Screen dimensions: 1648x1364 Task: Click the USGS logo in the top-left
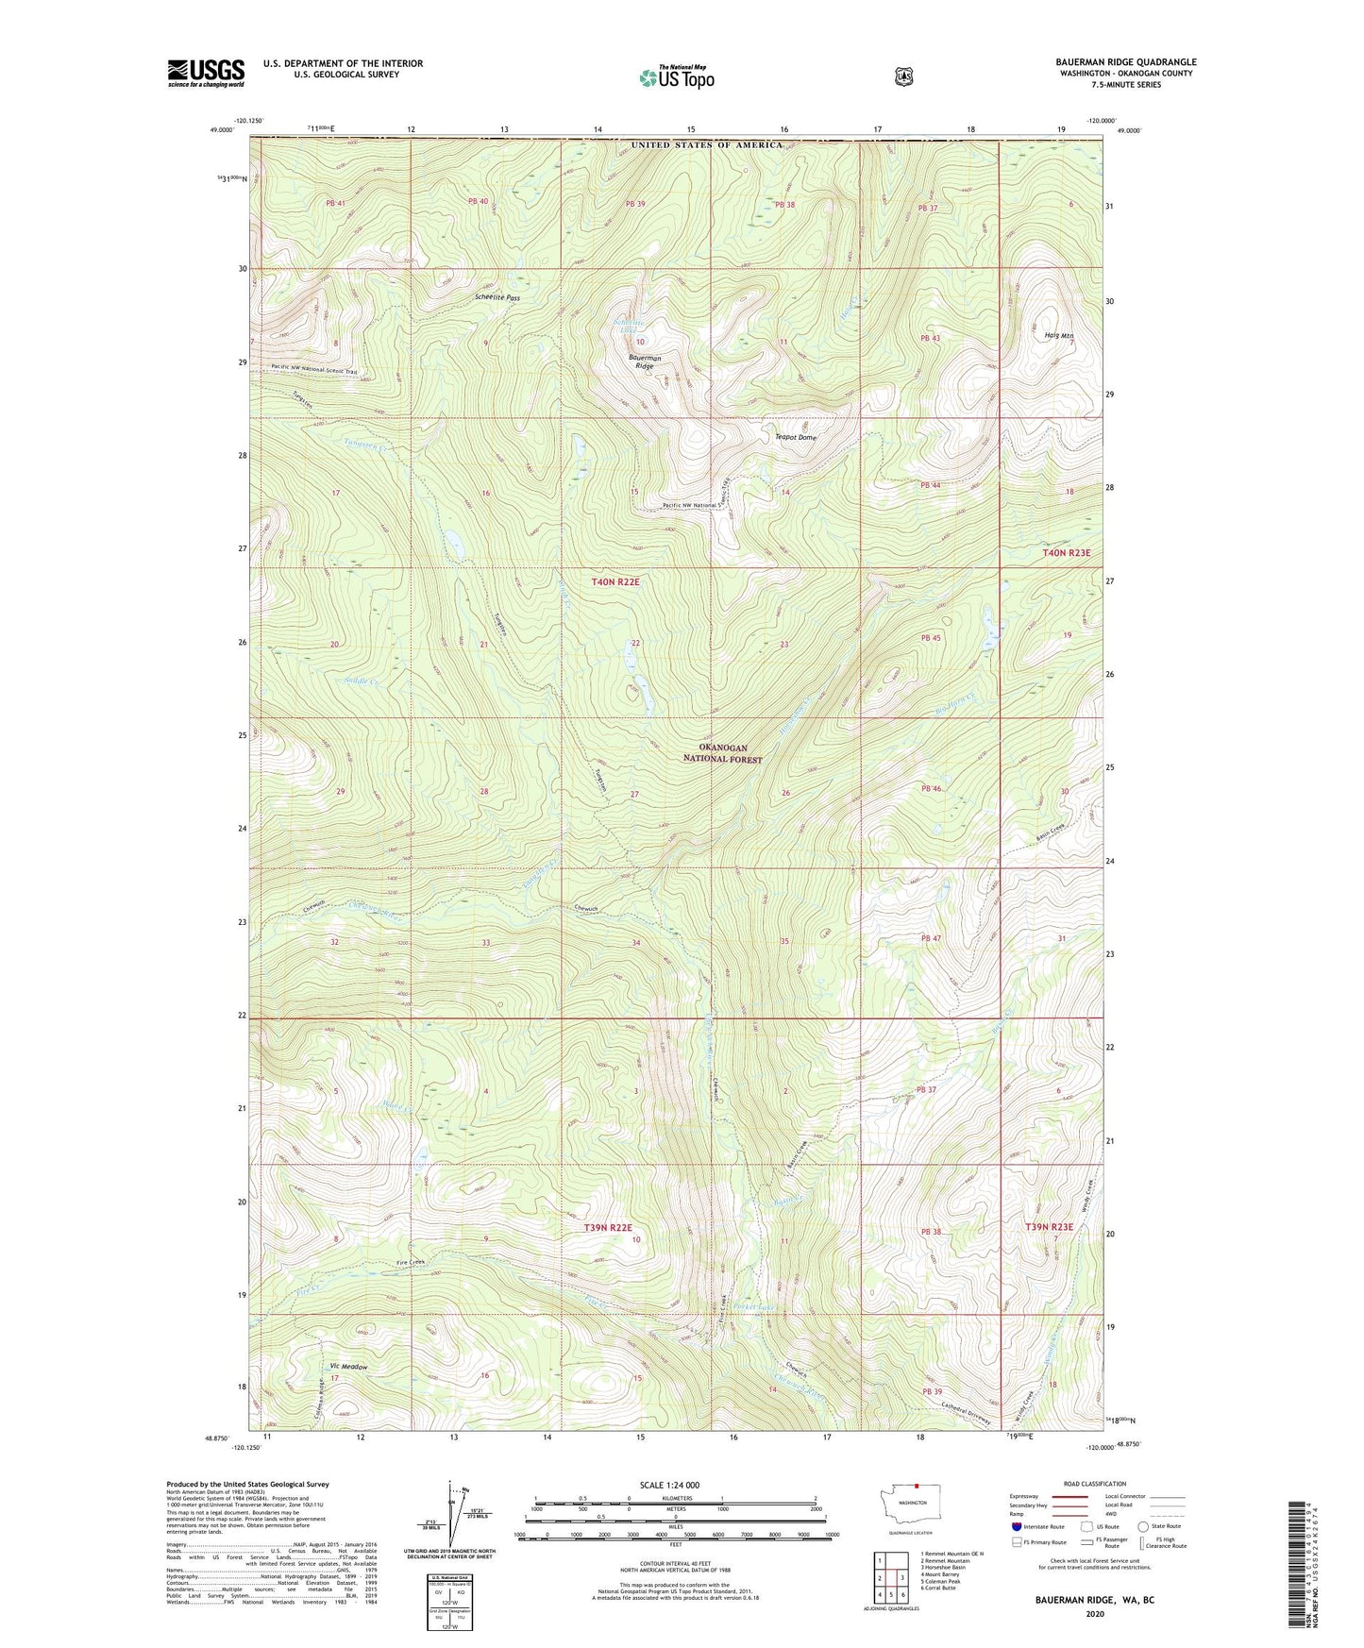coord(206,73)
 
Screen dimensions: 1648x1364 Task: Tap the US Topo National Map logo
coord(676,77)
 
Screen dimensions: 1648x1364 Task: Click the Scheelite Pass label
coord(497,297)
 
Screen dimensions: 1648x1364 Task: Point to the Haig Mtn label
coord(1058,336)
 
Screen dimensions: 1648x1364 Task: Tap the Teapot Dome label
coord(796,438)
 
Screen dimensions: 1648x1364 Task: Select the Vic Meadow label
coord(348,1367)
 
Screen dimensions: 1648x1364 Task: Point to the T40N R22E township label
coord(615,582)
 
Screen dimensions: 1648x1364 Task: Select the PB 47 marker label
coord(931,938)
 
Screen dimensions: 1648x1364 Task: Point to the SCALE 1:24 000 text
coord(675,1485)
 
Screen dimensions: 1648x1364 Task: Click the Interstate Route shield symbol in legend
coord(1017,1526)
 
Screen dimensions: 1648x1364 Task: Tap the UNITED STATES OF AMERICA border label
coord(706,144)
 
